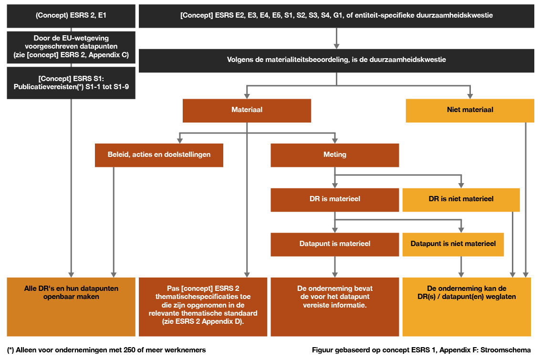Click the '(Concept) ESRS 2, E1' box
click(71, 15)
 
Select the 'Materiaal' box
click(247, 110)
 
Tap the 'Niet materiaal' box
click(469, 110)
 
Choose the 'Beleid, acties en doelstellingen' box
click(159, 155)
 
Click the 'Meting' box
click(334, 155)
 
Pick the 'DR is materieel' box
click(334, 199)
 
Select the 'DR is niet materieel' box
click(461, 199)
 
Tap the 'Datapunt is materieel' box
click(334, 244)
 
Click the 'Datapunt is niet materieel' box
click(453, 244)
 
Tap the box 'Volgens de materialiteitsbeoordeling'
click(336, 60)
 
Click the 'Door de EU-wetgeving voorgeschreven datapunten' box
click(71, 47)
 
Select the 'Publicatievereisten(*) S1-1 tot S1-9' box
click(71, 82)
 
